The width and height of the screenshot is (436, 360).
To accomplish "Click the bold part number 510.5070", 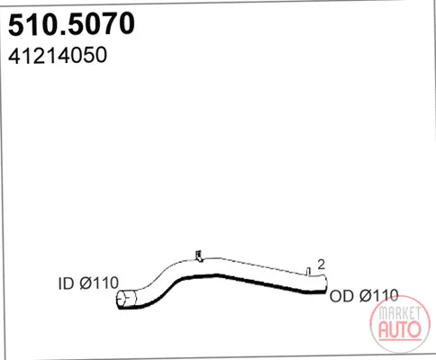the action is tap(71, 24).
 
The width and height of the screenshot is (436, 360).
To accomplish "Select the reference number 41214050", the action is tap(58, 55).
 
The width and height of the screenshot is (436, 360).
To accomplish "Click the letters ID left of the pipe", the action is tap(66, 283).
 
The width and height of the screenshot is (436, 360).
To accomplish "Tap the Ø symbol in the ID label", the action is tap(86, 283).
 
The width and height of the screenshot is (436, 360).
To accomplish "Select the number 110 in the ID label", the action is tap(106, 283).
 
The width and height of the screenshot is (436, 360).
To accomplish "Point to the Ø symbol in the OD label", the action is tap(366, 296).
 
